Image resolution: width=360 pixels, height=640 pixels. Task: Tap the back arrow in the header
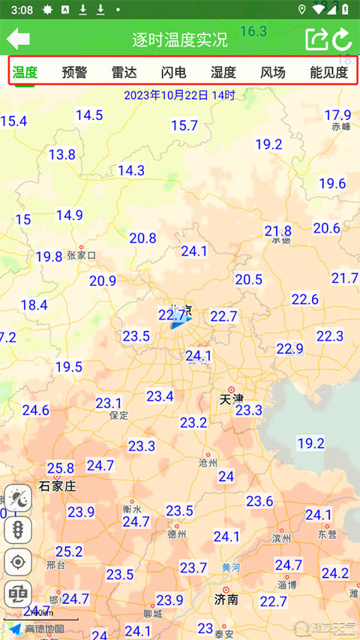(19, 39)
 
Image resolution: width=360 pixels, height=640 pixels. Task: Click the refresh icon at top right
(342, 39)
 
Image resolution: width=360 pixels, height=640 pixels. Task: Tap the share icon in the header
(316, 39)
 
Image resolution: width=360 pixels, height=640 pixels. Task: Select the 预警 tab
(74, 73)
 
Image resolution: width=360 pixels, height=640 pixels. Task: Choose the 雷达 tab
(124, 73)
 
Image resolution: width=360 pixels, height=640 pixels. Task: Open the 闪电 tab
(173, 73)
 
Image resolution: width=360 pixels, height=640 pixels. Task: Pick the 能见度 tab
(328, 73)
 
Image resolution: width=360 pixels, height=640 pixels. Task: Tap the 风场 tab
(272, 73)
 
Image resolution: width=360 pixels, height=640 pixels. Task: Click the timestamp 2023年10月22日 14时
(179, 95)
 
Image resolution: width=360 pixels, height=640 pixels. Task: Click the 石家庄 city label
(58, 486)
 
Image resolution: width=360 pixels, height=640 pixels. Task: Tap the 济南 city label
(226, 599)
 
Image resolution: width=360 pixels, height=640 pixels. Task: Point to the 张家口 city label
(82, 255)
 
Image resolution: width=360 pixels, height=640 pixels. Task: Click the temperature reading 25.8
(61, 468)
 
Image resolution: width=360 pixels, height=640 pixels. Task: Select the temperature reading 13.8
(62, 155)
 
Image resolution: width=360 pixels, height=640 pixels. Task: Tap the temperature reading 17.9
(337, 115)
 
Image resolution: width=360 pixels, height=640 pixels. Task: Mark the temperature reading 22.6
(305, 299)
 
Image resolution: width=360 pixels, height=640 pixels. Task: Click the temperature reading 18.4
(34, 305)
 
